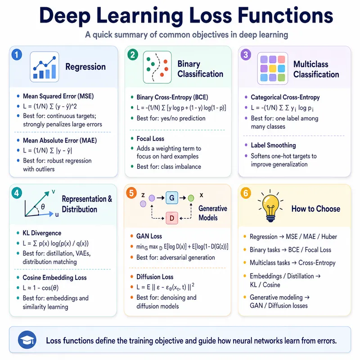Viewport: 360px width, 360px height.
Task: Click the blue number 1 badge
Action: [x=17, y=55]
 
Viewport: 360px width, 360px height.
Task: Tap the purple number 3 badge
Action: [x=246, y=55]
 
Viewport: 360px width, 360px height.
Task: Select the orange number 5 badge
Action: [x=131, y=193]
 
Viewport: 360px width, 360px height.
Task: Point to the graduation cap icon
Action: [x=27, y=340]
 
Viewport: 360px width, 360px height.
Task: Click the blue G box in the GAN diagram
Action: [x=172, y=198]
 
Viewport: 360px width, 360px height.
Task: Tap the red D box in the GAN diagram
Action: [x=172, y=218]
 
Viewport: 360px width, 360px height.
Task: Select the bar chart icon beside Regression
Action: [x=45, y=67]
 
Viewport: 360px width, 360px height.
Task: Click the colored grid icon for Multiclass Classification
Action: [x=273, y=68]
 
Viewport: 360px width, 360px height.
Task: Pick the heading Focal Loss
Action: [x=150, y=139]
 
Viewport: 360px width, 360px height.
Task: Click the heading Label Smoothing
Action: [x=273, y=145]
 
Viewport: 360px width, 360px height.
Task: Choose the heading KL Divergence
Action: [x=42, y=233]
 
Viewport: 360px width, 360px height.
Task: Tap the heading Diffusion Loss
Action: [x=155, y=277]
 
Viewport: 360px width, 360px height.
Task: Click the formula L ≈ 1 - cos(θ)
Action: [x=40, y=288]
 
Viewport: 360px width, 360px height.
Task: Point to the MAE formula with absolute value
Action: [x=47, y=151]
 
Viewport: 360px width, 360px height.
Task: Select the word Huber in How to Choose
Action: [x=329, y=237]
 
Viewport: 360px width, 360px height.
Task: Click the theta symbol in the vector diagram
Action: [x=43, y=207]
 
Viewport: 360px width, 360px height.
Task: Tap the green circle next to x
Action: [x=191, y=198]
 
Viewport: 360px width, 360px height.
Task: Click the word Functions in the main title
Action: [x=285, y=16]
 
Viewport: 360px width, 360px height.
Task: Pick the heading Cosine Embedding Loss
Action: [x=54, y=278]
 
